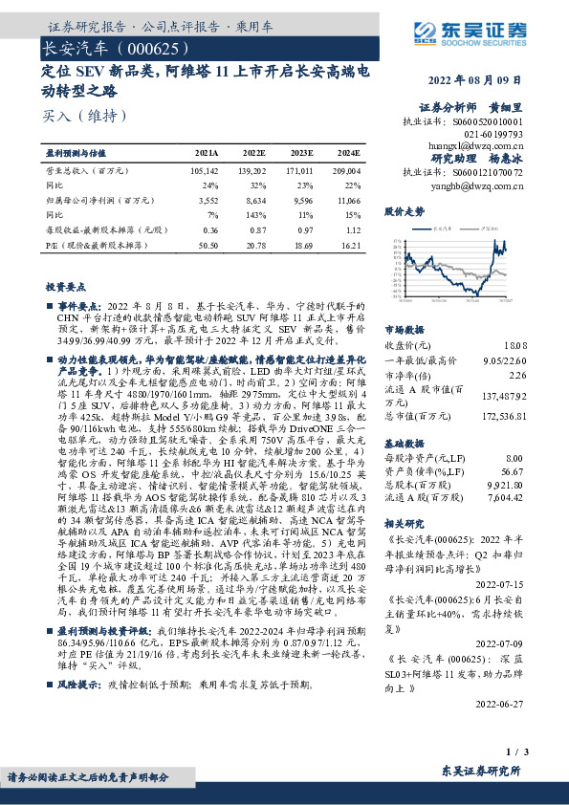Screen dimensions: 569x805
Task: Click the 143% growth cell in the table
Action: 256,214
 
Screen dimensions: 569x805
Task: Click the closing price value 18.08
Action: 514,343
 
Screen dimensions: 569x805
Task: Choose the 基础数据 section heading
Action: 404,445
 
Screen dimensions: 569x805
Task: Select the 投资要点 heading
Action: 65,287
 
